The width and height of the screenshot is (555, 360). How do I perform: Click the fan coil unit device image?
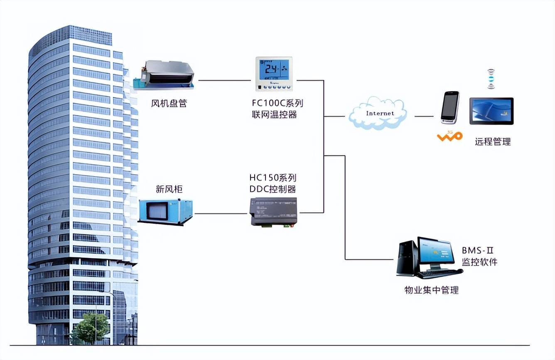coord(165,75)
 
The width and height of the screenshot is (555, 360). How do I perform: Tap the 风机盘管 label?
coord(169,103)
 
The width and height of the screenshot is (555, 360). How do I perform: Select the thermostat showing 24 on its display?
coord(274,74)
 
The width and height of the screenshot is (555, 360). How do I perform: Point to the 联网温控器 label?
coord(274,114)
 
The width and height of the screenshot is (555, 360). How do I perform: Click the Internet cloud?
coord(378,113)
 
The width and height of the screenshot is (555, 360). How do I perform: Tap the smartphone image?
coord(450,107)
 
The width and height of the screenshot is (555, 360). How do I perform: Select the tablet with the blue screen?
coord(491,111)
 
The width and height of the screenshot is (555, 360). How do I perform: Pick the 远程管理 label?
coord(493,141)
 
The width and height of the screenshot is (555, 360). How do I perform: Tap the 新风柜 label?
coord(169,190)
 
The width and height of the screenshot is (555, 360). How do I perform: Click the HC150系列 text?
coord(273,178)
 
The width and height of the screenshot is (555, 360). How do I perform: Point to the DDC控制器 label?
coord(273,189)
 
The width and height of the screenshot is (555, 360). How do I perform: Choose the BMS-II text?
coord(478,251)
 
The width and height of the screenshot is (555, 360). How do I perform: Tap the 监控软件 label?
coord(480,262)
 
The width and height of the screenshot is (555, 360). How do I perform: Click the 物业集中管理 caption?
coord(431,290)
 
